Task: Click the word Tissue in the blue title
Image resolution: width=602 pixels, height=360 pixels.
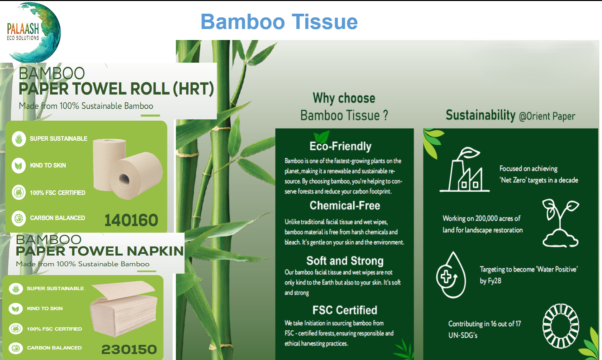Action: (325, 22)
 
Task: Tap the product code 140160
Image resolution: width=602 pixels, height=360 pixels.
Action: (131, 220)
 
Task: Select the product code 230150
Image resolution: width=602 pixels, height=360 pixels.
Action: (129, 349)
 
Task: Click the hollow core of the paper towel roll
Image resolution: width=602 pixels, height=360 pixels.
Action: (124, 179)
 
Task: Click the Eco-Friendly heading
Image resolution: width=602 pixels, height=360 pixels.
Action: (340, 146)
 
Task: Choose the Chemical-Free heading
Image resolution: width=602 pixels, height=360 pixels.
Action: (345, 205)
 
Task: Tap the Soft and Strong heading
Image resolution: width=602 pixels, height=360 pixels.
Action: (345, 261)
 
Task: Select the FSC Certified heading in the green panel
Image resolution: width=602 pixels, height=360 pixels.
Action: (345, 310)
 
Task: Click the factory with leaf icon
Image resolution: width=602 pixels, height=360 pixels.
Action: (464, 169)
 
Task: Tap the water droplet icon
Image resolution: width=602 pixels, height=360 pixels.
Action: (451, 275)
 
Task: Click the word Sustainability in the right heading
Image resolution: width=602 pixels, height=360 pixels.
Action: (480, 115)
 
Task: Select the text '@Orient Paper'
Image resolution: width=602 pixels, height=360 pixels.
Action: (547, 116)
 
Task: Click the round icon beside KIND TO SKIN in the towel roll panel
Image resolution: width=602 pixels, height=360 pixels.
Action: (19, 165)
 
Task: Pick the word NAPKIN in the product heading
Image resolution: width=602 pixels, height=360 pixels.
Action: (155, 251)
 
